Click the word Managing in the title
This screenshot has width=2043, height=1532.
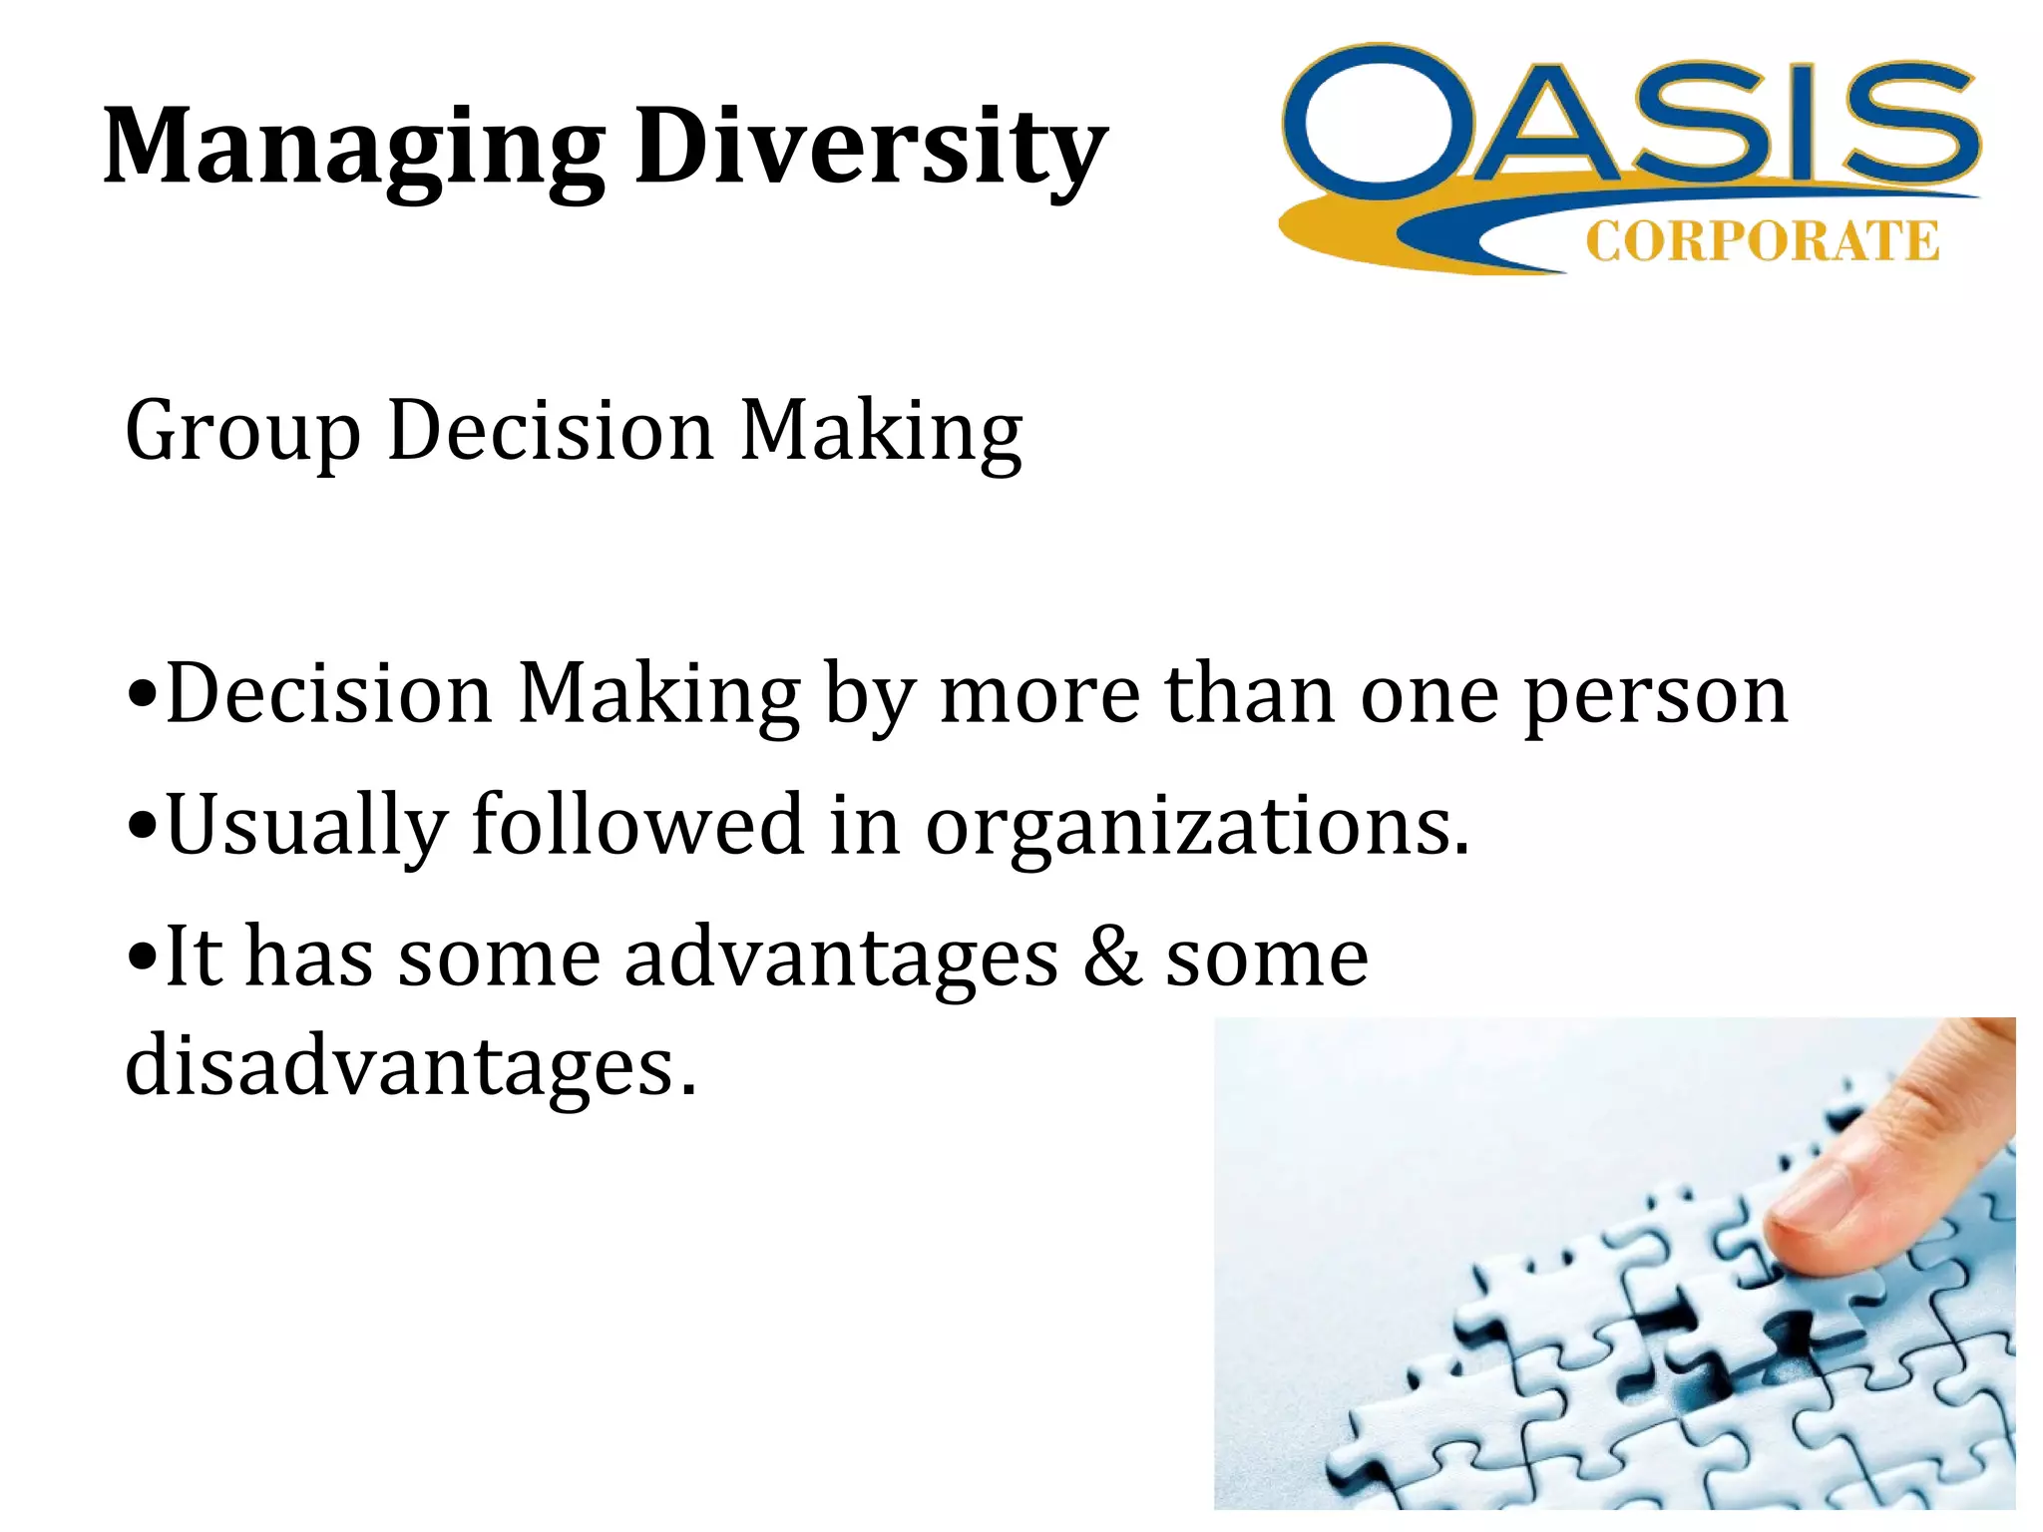pyautogui.click(x=353, y=147)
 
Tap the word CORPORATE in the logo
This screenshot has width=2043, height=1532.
pyautogui.click(x=1762, y=242)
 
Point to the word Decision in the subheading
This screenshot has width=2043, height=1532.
pyautogui.click(x=550, y=431)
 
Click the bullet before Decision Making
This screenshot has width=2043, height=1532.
pyautogui.click(x=143, y=694)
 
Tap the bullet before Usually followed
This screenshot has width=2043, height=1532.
pyautogui.click(x=143, y=827)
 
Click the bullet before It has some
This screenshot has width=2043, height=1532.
pyautogui.click(x=143, y=957)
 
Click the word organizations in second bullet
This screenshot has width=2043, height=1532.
pyautogui.click(x=1196, y=827)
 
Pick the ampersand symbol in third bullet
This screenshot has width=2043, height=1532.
pyautogui.click(x=1111, y=957)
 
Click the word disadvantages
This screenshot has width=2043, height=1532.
pyautogui.click(x=409, y=1065)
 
